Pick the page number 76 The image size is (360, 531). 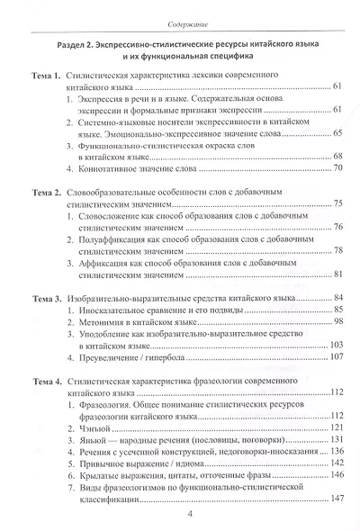[x=337, y=229]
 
